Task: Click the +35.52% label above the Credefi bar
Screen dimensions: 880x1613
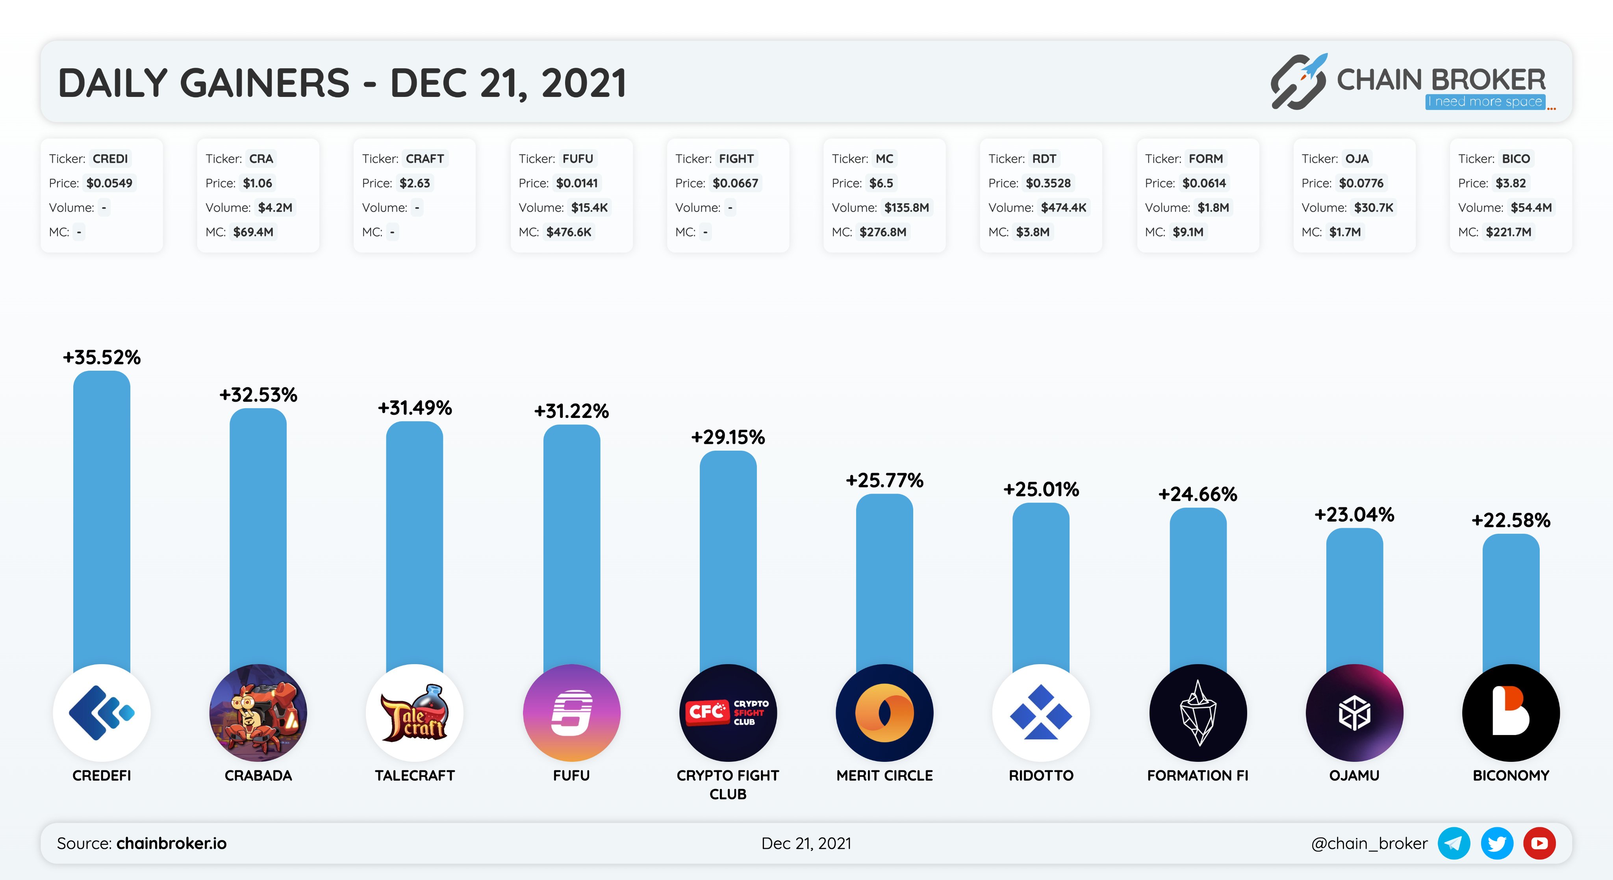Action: click(102, 358)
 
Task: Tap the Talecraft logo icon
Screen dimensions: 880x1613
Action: click(415, 713)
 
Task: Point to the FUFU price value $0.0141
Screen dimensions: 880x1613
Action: click(577, 183)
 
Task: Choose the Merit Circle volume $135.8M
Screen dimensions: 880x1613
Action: click(906, 207)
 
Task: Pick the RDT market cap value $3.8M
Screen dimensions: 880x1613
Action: click(1033, 232)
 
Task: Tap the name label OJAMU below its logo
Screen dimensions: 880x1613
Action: click(1354, 775)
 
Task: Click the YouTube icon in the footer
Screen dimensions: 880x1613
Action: click(1539, 843)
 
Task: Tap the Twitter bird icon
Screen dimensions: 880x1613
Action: click(1496, 843)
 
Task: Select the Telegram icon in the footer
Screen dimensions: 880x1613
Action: click(1454, 843)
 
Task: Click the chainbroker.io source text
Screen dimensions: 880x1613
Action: click(172, 843)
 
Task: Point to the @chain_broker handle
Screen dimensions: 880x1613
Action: click(1369, 843)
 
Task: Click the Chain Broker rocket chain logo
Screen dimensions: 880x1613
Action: click(1298, 82)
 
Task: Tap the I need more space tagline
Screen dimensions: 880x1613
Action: click(1485, 102)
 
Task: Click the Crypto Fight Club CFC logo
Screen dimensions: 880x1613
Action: click(728, 713)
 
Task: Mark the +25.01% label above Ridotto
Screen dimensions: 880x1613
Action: click(1041, 489)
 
